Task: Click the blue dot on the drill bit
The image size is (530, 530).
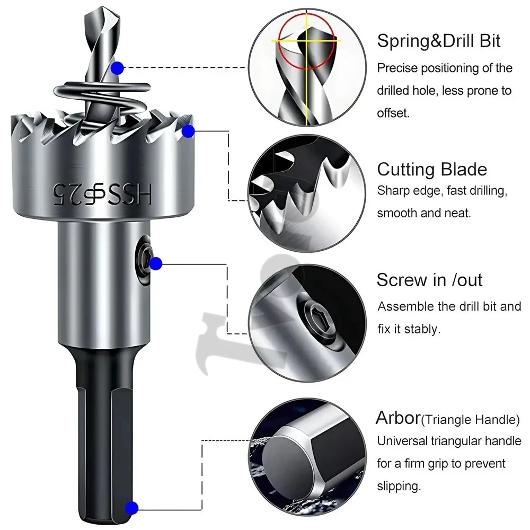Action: pos(118,68)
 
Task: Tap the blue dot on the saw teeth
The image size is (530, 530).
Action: pos(187,131)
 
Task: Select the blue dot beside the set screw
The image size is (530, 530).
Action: pos(155,263)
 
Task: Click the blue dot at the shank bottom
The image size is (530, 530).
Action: pos(132,508)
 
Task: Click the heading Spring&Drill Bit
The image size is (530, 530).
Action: pos(438,41)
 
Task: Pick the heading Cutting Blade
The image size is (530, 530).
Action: pos(431,169)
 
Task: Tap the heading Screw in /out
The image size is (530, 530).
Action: pos(429,279)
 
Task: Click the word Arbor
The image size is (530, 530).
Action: pos(398,418)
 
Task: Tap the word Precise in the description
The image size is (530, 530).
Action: pos(397,68)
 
